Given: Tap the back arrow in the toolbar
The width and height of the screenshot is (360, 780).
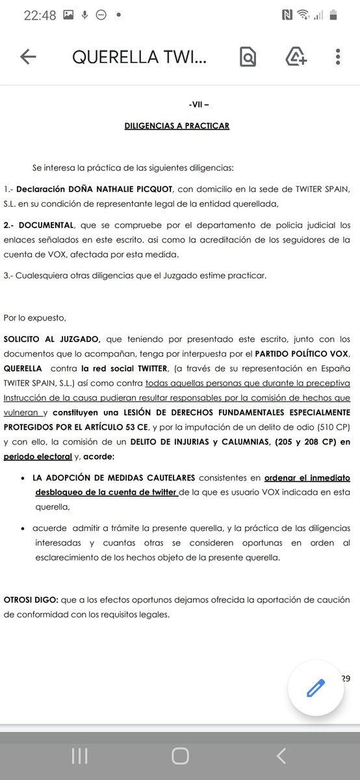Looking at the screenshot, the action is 28,57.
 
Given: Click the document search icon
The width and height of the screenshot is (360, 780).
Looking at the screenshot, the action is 247,57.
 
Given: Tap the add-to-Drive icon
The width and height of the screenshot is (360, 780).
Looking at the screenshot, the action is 296,57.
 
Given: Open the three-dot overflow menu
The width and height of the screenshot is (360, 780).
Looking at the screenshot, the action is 338,57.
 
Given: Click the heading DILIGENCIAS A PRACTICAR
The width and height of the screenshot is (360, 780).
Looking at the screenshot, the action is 177,125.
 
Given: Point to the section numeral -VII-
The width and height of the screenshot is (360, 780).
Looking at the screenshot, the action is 198,104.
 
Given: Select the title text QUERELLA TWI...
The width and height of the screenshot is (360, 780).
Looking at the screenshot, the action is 139,57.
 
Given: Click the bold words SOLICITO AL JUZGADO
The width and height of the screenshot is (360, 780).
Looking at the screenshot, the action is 52,339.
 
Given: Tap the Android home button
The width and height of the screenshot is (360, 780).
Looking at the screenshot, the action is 179,755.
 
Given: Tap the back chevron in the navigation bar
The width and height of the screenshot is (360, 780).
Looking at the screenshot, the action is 281,755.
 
